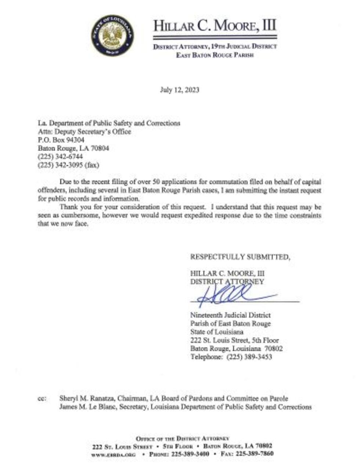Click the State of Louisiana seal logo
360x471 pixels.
tap(112, 36)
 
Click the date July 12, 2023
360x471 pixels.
tap(180, 90)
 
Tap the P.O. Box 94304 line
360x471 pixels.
tap(61, 140)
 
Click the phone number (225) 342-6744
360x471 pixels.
tap(60, 157)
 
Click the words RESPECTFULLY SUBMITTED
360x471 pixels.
tap(240, 257)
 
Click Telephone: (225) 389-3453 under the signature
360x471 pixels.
tap(231, 357)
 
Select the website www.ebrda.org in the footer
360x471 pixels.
tap(113, 454)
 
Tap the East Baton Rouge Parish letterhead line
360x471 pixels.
tap(215, 56)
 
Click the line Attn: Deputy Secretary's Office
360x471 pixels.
tap(84, 132)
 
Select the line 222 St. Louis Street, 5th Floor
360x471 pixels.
tap(234, 340)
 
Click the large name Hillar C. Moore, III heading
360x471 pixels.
tap(215, 26)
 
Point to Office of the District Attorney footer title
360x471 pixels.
tap(183, 438)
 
